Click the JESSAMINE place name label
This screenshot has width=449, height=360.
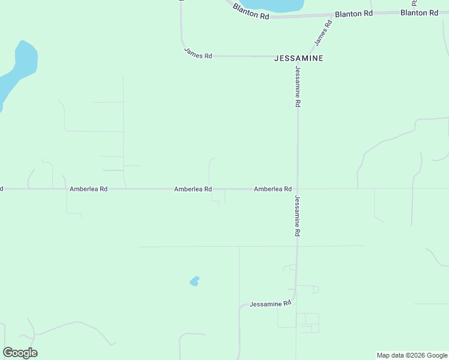click(x=299, y=58)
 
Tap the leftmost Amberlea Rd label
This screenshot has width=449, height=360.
click(x=88, y=188)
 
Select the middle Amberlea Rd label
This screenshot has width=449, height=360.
click(x=193, y=188)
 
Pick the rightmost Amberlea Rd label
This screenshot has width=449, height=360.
click(x=273, y=188)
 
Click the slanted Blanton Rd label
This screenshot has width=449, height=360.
click(x=251, y=11)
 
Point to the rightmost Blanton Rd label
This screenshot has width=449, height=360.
click(x=419, y=12)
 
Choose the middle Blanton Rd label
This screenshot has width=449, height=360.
click(x=354, y=13)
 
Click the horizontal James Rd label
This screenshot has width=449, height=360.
click(x=198, y=55)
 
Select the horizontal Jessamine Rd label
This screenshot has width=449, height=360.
click(x=270, y=304)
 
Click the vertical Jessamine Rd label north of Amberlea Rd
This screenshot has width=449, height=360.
click(x=297, y=87)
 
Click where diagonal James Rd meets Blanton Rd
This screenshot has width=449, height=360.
click(x=332, y=15)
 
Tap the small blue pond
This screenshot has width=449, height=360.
click(x=194, y=281)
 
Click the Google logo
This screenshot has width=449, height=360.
click(x=20, y=353)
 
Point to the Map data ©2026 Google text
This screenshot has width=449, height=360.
click(x=412, y=355)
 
